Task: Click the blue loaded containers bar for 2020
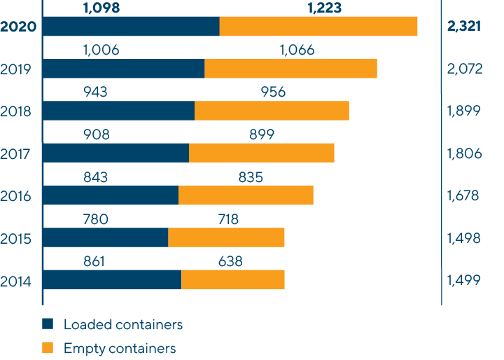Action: click(131, 27)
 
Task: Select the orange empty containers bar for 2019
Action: click(290, 69)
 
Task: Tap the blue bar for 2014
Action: click(112, 279)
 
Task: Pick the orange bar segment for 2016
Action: click(246, 195)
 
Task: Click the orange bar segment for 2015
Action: click(226, 237)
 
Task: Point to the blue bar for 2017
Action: click(116, 153)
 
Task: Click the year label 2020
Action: click(19, 28)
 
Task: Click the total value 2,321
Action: click(463, 27)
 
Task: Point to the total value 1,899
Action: click(463, 111)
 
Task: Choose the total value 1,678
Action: click(463, 195)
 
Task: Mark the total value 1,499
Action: click(463, 280)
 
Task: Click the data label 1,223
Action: click(326, 8)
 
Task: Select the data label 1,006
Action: click(101, 50)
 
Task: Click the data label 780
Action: click(95, 220)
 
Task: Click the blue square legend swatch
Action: click(48, 324)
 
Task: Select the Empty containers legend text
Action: click(119, 348)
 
